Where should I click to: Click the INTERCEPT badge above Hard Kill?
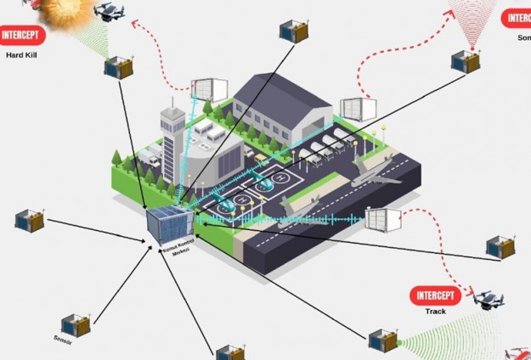pyautogui.click(x=22, y=36)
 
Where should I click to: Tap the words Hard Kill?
pyautogui.click(x=21, y=55)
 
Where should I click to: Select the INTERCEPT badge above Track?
pyautogui.click(x=435, y=296)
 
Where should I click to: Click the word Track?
pyautogui.click(x=435, y=312)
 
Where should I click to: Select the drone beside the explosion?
pyautogui.click(x=110, y=11)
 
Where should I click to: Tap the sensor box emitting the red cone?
pyautogui.click(x=466, y=61)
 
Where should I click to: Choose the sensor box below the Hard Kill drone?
pyautogui.click(x=118, y=67)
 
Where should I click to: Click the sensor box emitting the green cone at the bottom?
pyautogui.click(x=383, y=340)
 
